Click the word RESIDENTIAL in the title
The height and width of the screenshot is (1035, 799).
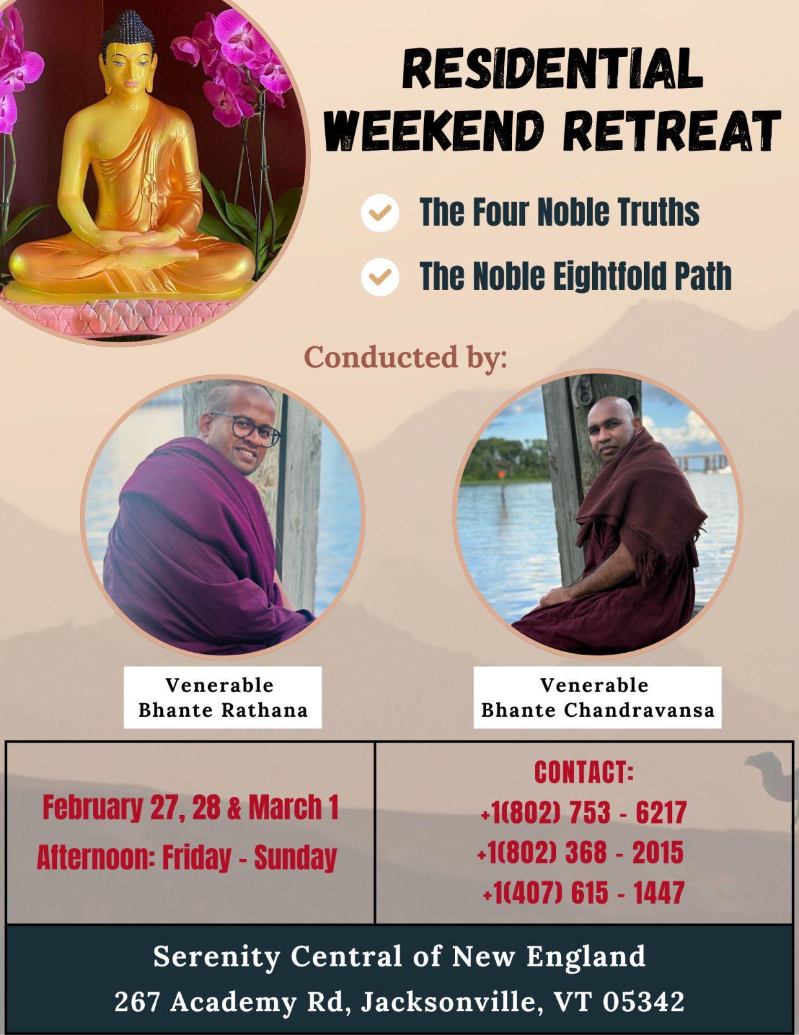pyautogui.click(x=553, y=69)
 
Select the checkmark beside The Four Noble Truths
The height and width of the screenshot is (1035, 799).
pyautogui.click(x=379, y=213)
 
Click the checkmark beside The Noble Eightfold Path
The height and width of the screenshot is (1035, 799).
pyautogui.click(x=379, y=277)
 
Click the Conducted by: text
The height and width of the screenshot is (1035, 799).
pyautogui.click(x=405, y=357)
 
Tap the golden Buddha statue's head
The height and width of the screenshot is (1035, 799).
pyautogui.click(x=127, y=52)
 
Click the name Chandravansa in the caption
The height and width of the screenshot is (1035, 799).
pyautogui.click(x=639, y=710)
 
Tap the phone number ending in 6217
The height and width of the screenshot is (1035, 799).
pyautogui.click(x=584, y=812)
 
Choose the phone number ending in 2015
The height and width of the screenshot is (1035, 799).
pyautogui.click(x=581, y=852)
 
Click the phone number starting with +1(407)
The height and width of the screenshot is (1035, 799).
pyautogui.click(x=584, y=892)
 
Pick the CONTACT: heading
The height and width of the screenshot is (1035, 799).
pyautogui.click(x=584, y=772)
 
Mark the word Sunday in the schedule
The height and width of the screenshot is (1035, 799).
pyautogui.click(x=295, y=858)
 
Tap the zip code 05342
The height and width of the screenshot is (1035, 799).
pyautogui.click(x=643, y=1001)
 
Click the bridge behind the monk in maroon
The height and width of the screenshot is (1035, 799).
pyautogui.click(x=701, y=461)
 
